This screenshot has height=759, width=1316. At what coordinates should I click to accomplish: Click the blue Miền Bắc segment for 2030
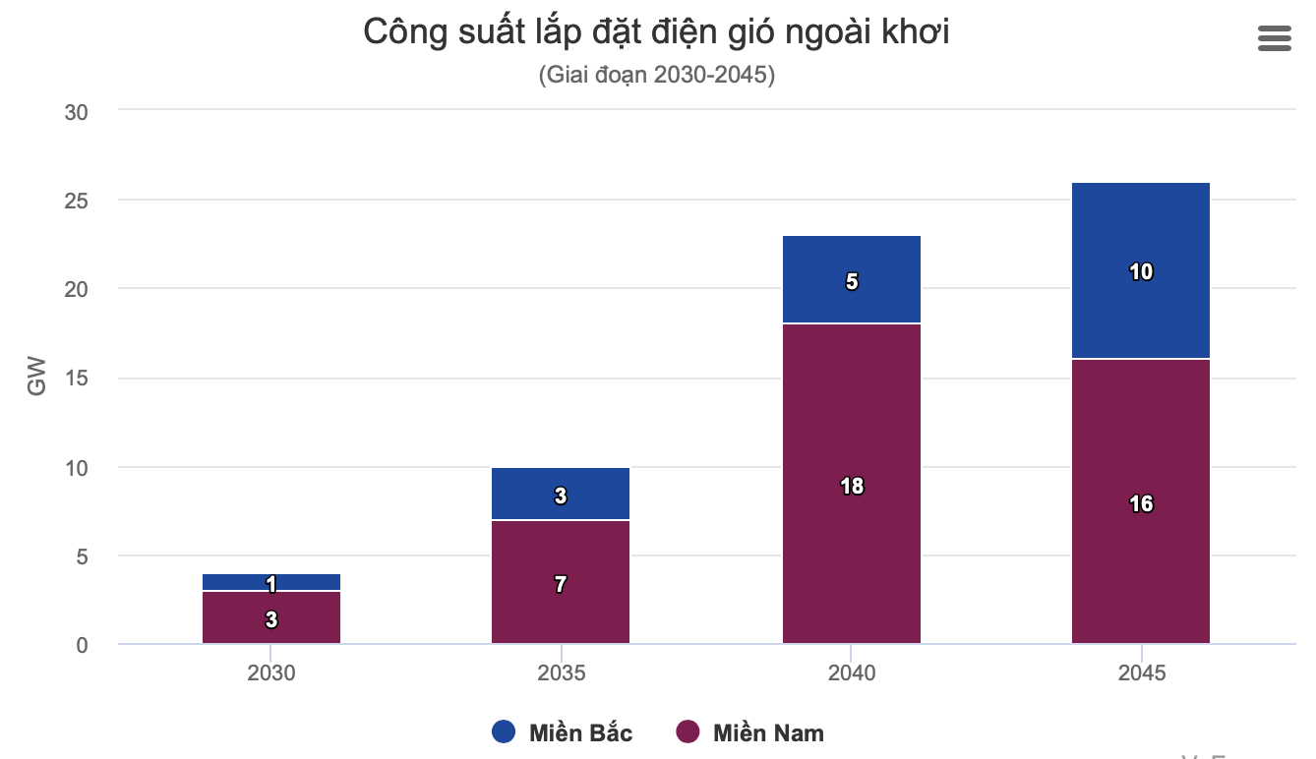pos(236,582)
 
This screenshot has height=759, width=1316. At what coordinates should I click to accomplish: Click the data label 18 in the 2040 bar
pos(852,486)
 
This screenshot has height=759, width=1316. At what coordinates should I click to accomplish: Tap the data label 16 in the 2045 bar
pos(1141,504)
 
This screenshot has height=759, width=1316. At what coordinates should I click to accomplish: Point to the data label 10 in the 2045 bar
pos(1141,271)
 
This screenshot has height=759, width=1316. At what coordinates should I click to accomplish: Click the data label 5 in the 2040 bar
pos(852,282)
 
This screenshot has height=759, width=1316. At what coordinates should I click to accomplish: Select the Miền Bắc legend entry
pos(562,732)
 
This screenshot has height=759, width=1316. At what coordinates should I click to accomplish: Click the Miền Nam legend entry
pos(750,732)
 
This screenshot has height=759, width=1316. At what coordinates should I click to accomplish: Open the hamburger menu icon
pos(1274,38)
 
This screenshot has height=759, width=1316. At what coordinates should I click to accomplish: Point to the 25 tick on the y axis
pos(76,201)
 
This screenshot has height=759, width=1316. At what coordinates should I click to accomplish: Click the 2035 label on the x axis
pos(561,673)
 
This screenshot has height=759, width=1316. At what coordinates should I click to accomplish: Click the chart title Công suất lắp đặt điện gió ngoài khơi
pos(656,32)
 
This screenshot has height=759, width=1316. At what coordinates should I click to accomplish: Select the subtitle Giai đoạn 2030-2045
pos(656,75)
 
